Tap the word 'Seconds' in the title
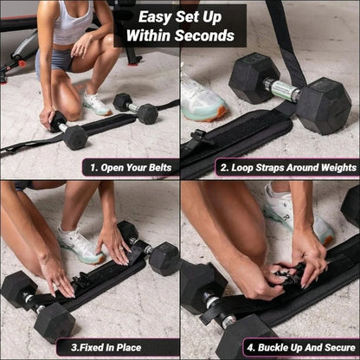[205, 35]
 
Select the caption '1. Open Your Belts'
[131, 167]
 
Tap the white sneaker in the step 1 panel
[96, 103]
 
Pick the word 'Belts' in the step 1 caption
[159, 167]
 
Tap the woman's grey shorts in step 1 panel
[60, 59]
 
